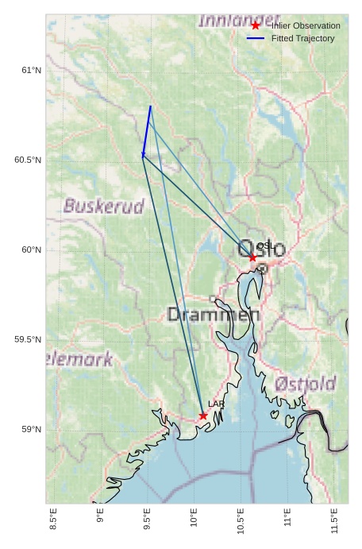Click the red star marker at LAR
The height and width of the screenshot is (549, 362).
(203, 416)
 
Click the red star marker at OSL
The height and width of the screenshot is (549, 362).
(252, 257)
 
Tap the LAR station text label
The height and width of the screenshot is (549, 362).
(216, 404)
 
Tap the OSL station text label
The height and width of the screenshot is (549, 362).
(265, 246)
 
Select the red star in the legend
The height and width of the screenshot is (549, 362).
(256, 25)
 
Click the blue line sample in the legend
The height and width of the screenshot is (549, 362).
(256, 38)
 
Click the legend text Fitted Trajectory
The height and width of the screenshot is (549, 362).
(302, 38)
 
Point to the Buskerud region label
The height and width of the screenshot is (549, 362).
(104, 207)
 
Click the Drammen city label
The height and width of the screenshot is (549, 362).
(214, 315)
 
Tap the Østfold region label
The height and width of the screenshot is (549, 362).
(306, 385)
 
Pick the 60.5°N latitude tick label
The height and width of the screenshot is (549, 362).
(28, 160)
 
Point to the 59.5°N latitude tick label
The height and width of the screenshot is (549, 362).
(28, 340)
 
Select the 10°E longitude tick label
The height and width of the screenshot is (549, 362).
(194, 520)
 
